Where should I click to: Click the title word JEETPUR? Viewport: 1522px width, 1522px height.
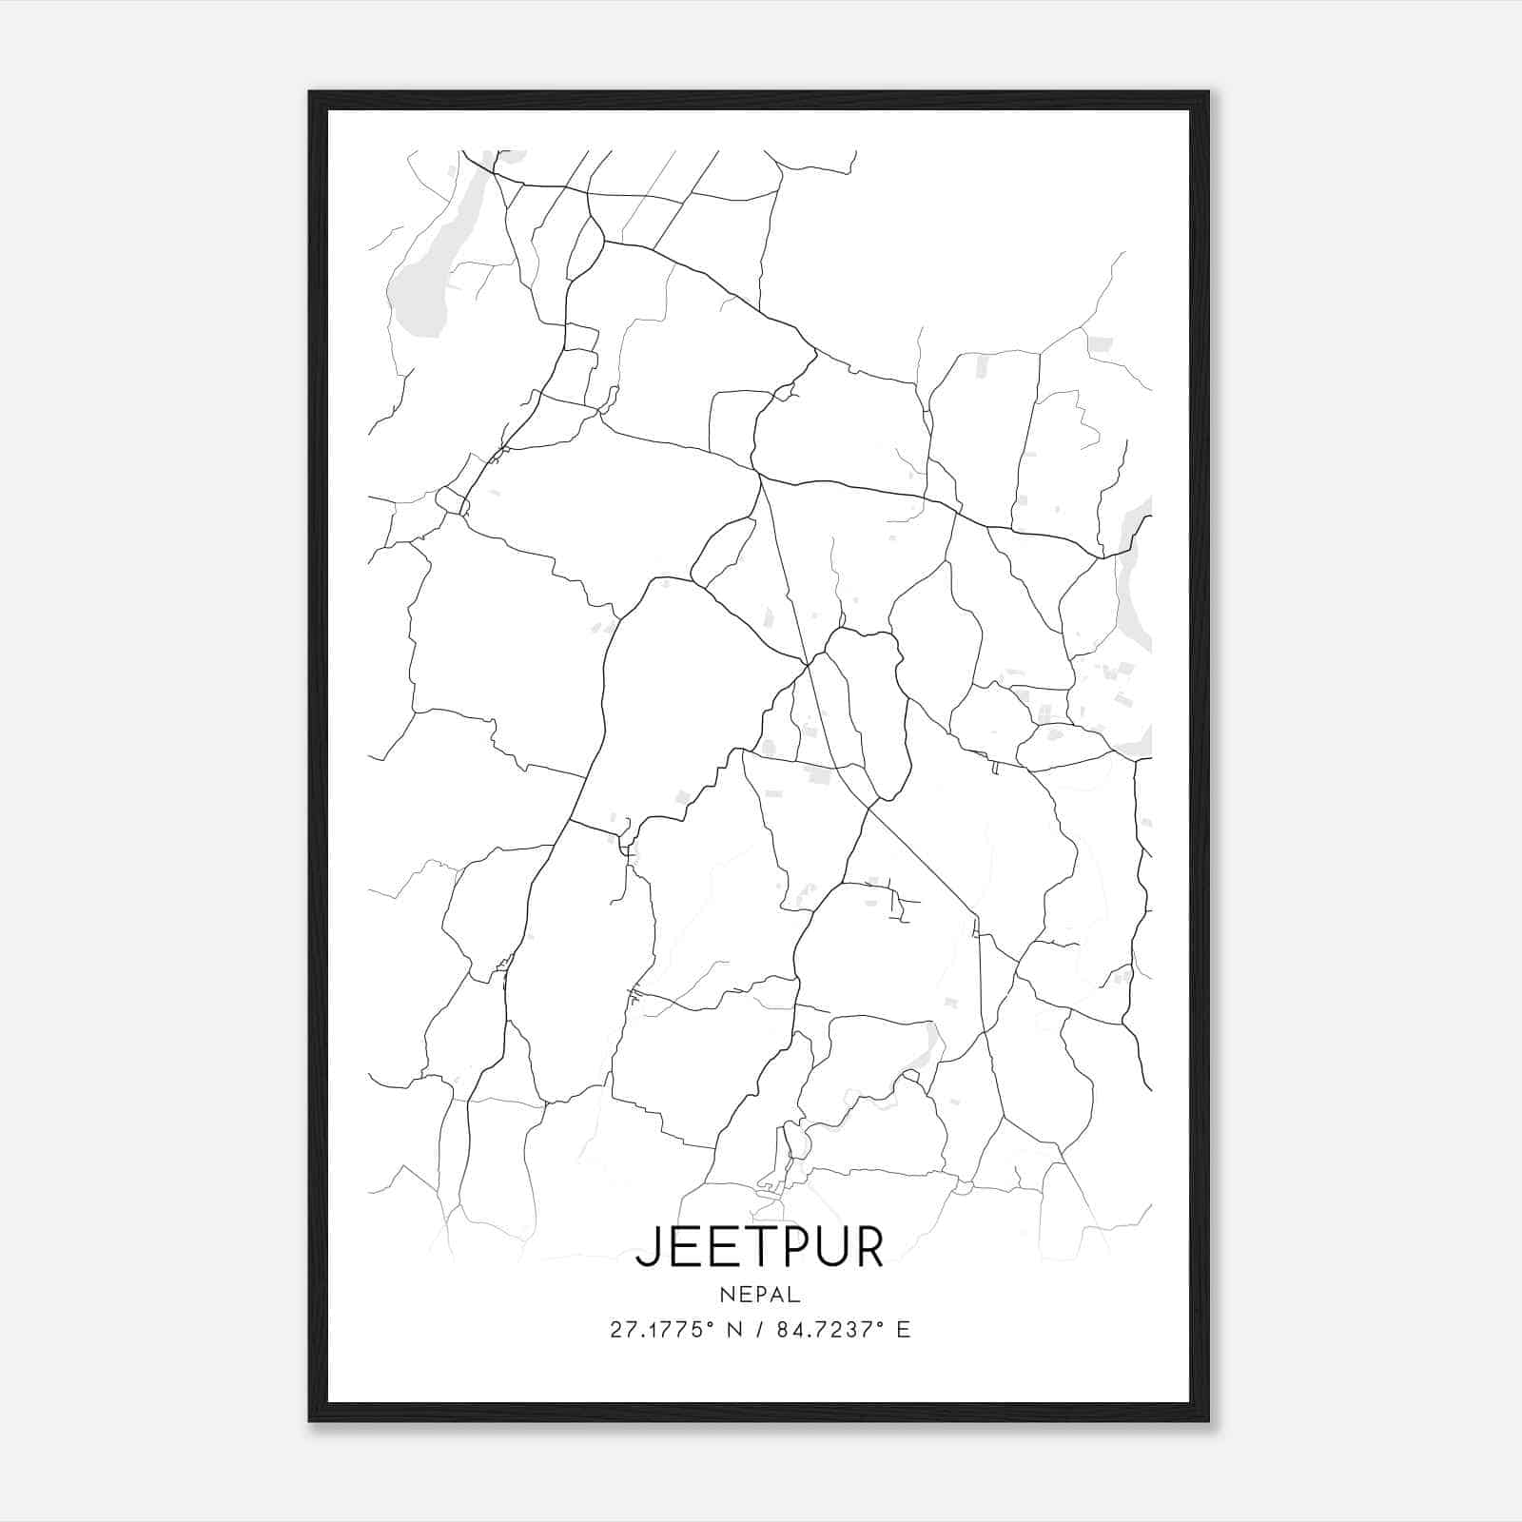pos(759,1247)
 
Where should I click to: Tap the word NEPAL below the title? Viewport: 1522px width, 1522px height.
pos(760,1295)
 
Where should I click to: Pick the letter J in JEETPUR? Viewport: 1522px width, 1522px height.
pos(646,1248)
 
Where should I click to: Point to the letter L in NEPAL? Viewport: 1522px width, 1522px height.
pos(794,1295)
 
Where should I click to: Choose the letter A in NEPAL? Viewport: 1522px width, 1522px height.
pos(777,1295)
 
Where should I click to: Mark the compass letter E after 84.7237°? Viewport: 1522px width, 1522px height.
pos(903,1330)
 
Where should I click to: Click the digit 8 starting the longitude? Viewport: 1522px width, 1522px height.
pos(783,1330)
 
